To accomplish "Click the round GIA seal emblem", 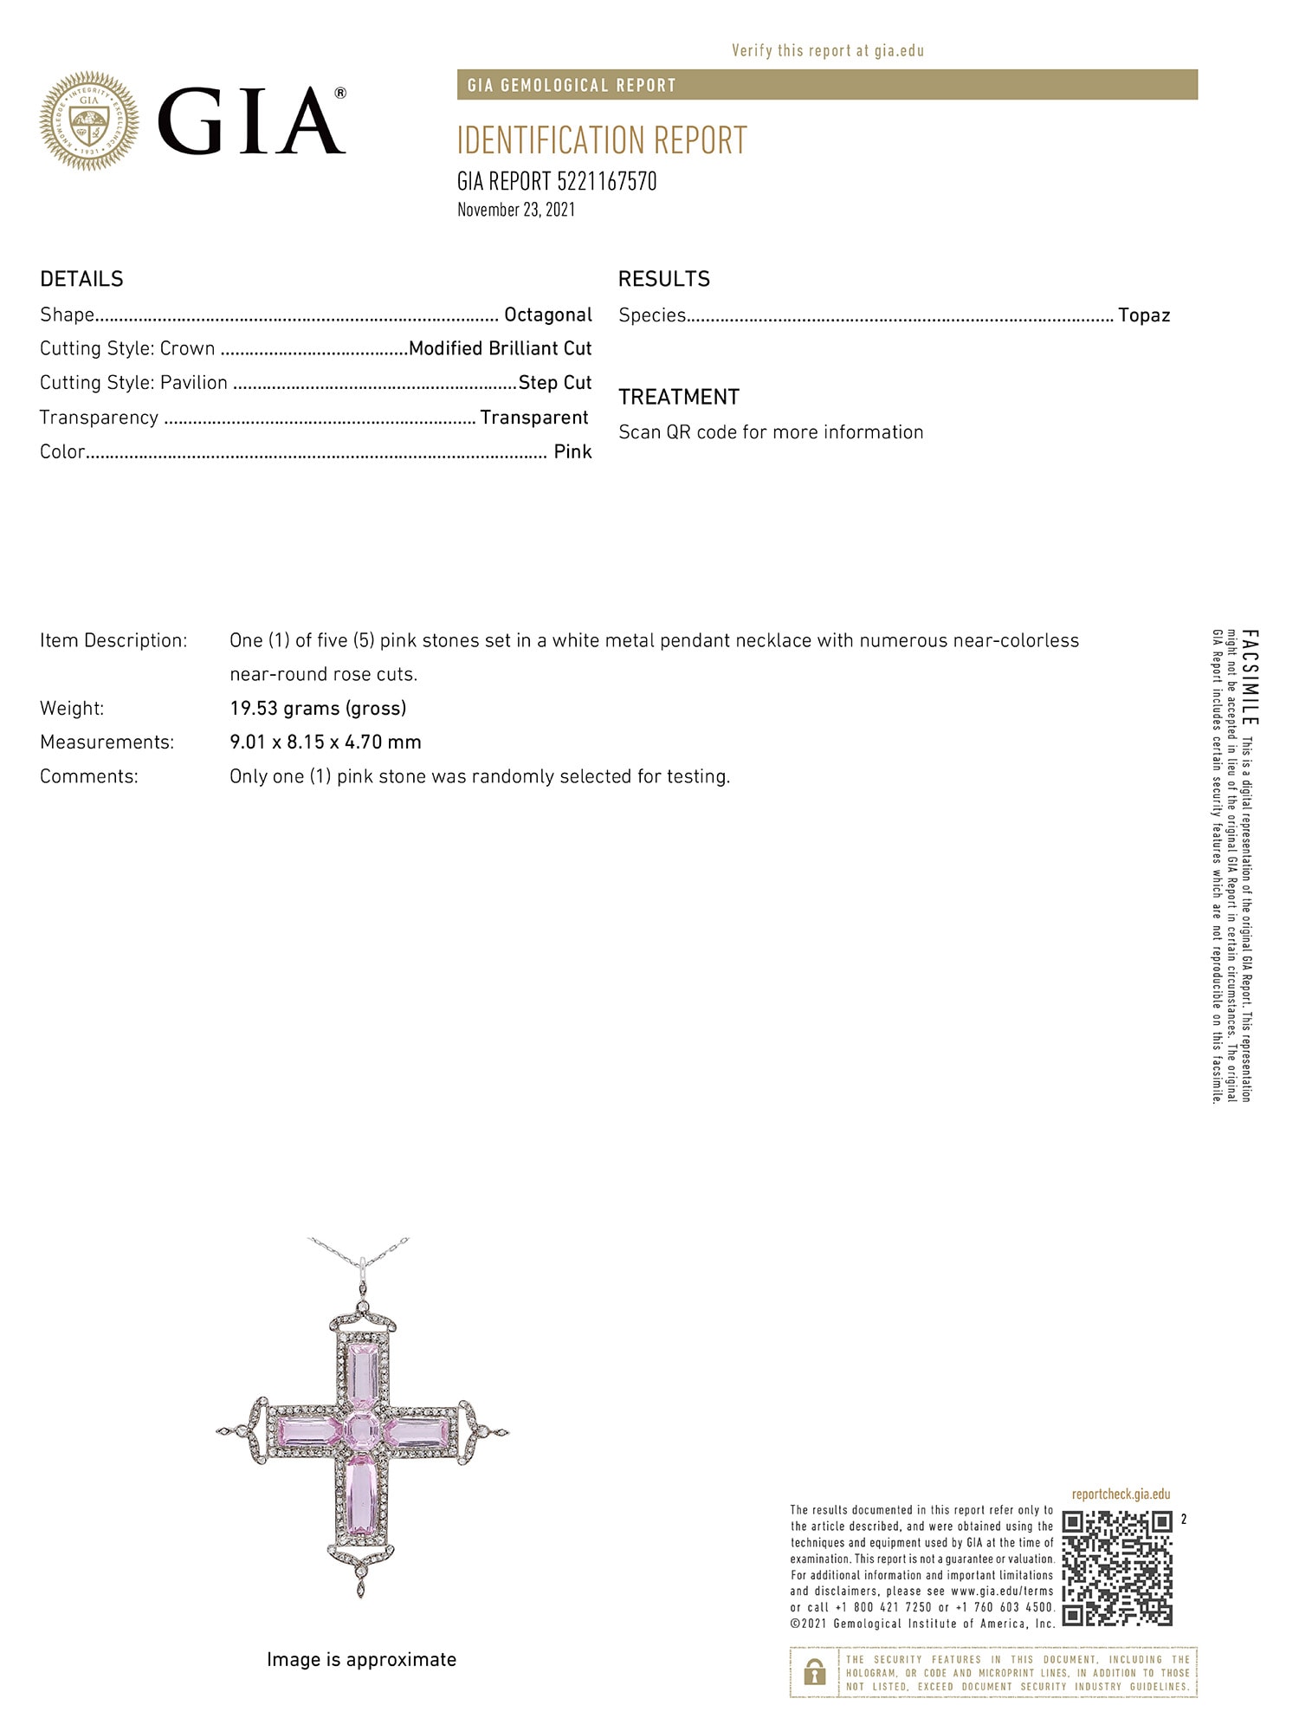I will [x=89, y=120].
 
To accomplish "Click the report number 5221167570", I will [x=606, y=181].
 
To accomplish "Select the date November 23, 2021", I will [x=516, y=210].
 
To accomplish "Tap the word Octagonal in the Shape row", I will [x=548, y=314].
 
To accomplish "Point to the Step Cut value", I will [x=555, y=383].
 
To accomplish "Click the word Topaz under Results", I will [x=1143, y=315].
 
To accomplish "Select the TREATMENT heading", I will [x=679, y=397].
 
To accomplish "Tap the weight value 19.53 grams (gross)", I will [x=318, y=708].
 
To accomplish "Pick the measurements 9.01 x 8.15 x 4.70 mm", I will [x=326, y=742].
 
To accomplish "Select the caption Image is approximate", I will [x=361, y=1659].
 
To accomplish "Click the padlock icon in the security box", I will [x=814, y=1673].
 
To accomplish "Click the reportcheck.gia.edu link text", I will [x=1121, y=1494].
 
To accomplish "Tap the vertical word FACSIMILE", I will [x=1251, y=678].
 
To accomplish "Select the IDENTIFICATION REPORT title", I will [x=602, y=140].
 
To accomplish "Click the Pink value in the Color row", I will [x=572, y=451].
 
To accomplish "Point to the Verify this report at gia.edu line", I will [x=828, y=50].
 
